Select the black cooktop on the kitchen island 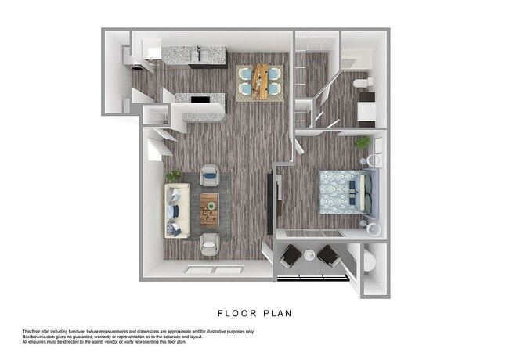pyautogui.click(x=201, y=100)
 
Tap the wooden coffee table pyautogui.click(x=209, y=208)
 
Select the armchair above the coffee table pyautogui.click(x=210, y=175)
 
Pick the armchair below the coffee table pyautogui.click(x=210, y=245)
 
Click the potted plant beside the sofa pyautogui.click(x=174, y=176)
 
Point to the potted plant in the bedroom pyautogui.click(x=363, y=143)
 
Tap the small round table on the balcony pyautogui.click(x=310, y=254)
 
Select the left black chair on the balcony pyautogui.click(x=291, y=255)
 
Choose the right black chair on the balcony pyautogui.click(x=328, y=255)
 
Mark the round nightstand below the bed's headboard pyautogui.click(x=373, y=228)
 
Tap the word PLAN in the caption pyautogui.click(x=277, y=313)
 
